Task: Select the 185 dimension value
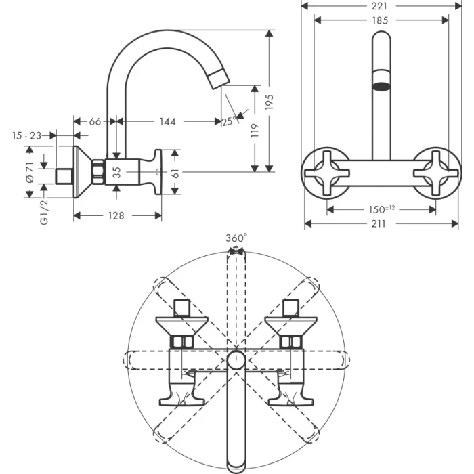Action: click(x=380, y=20)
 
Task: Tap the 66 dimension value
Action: click(x=95, y=121)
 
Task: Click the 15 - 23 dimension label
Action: click(x=26, y=135)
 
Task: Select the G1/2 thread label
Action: click(x=44, y=211)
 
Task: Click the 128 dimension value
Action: click(x=116, y=215)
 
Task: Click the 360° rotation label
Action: click(x=236, y=238)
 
